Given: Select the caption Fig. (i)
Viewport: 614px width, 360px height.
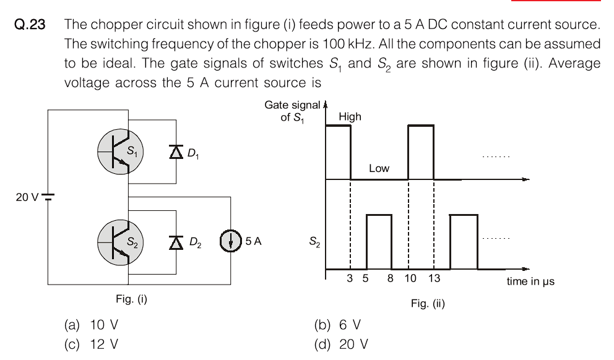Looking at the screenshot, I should [131, 300].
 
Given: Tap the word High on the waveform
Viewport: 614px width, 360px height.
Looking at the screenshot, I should [350, 116].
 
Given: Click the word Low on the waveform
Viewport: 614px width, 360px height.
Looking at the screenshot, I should [379, 168].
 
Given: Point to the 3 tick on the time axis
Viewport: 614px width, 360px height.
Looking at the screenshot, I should [350, 279].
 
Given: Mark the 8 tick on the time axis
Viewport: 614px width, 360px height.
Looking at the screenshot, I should [391, 279].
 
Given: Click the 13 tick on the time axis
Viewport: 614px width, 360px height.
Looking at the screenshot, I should [434, 279].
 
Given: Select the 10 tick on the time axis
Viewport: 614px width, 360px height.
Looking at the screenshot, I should [410, 279].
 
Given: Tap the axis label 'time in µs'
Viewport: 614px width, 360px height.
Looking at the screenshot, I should [530, 281].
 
